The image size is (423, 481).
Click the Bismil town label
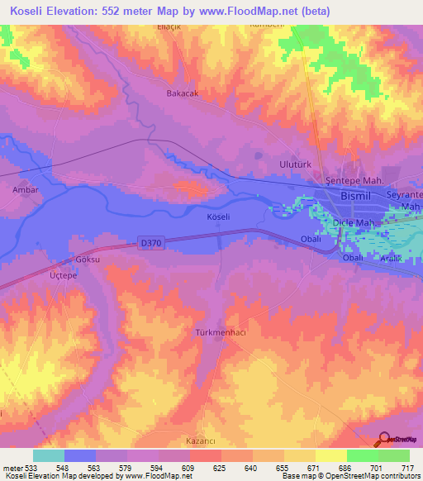tap(358, 196)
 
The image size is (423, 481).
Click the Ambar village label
tap(25, 189)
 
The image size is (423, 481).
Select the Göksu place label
tap(87, 259)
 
